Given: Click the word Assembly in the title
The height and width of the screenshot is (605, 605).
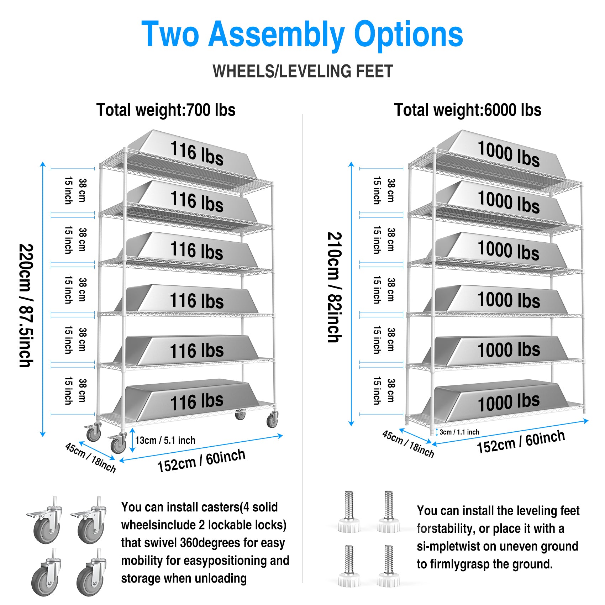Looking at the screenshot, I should [x=276, y=35].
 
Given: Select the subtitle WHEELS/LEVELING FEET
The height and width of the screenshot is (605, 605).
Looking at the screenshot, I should [x=302, y=71].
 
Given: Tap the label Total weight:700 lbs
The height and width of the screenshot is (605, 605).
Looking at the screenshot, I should [x=166, y=110].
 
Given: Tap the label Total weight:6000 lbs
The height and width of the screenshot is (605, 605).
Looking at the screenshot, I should [x=468, y=110].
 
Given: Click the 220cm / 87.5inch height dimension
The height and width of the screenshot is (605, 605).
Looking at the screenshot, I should [x=26, y=305].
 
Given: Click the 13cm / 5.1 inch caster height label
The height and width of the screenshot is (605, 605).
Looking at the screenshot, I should [x=165, y=441].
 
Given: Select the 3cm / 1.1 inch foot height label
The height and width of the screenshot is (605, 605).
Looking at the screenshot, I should [x=459, y=432].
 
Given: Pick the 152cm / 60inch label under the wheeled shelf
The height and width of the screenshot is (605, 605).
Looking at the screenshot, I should [x=201, y=461].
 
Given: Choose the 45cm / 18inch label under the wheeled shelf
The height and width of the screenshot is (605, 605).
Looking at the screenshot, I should [x=90, y=457].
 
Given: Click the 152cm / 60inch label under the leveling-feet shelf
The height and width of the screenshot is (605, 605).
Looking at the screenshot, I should [x=521, y=442].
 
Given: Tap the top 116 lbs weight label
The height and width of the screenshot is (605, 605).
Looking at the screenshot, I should [x=197, y=153].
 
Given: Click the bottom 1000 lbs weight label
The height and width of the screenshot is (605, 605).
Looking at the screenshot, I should [x=509, y=402].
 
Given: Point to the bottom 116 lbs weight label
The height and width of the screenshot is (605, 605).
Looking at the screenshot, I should [x=197, y=402].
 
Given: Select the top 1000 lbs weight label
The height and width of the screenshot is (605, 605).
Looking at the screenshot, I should [x=509, y=153].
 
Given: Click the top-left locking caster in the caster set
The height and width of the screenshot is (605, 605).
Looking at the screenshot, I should [x=44, y=521].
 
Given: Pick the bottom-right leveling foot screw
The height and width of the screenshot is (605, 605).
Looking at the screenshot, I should [x=389, y=566].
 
